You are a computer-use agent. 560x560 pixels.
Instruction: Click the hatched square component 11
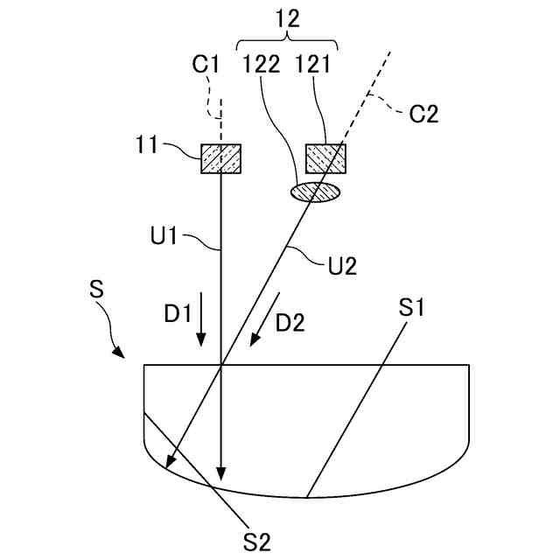point(221,158)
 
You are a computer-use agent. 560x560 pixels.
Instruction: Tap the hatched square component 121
point(325,158)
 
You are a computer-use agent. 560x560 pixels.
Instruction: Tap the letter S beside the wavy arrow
point(98,290)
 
